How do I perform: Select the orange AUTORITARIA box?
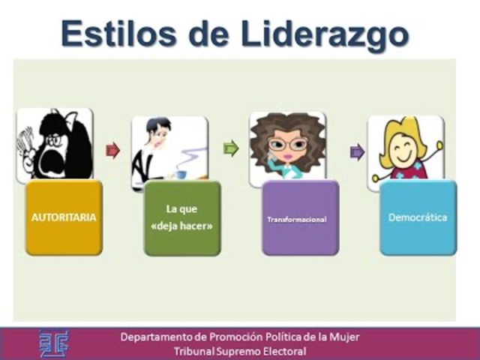pos(64,217)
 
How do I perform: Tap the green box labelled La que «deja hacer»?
pos(182,217)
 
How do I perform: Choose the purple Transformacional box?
pos(300,218)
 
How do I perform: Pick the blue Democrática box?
pos(418,217)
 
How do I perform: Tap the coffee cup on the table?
pos(181,174)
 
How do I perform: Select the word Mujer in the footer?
pos(343,337)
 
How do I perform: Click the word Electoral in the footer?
pos(281,351)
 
